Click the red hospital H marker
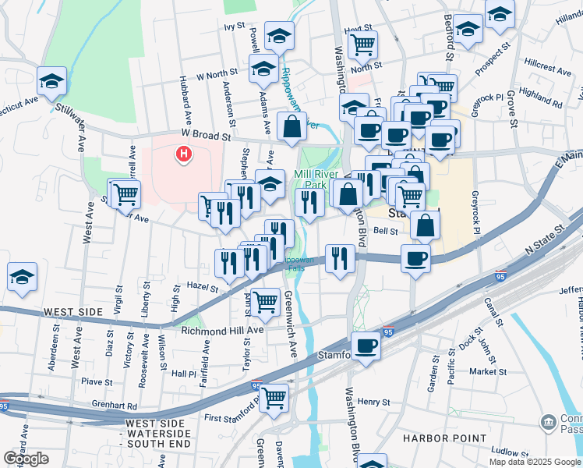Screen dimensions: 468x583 (184, 154)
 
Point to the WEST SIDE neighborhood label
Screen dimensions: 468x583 (73, 312)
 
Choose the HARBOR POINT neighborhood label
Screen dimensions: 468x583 (446, 438)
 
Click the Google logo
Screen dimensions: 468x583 (26, 459)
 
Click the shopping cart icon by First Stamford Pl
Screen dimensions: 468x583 (274, 397)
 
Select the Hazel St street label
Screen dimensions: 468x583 (203, 287)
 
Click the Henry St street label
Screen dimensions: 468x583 (374, 402)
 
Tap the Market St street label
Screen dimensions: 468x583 (488, 372)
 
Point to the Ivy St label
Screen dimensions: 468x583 (235, 27)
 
